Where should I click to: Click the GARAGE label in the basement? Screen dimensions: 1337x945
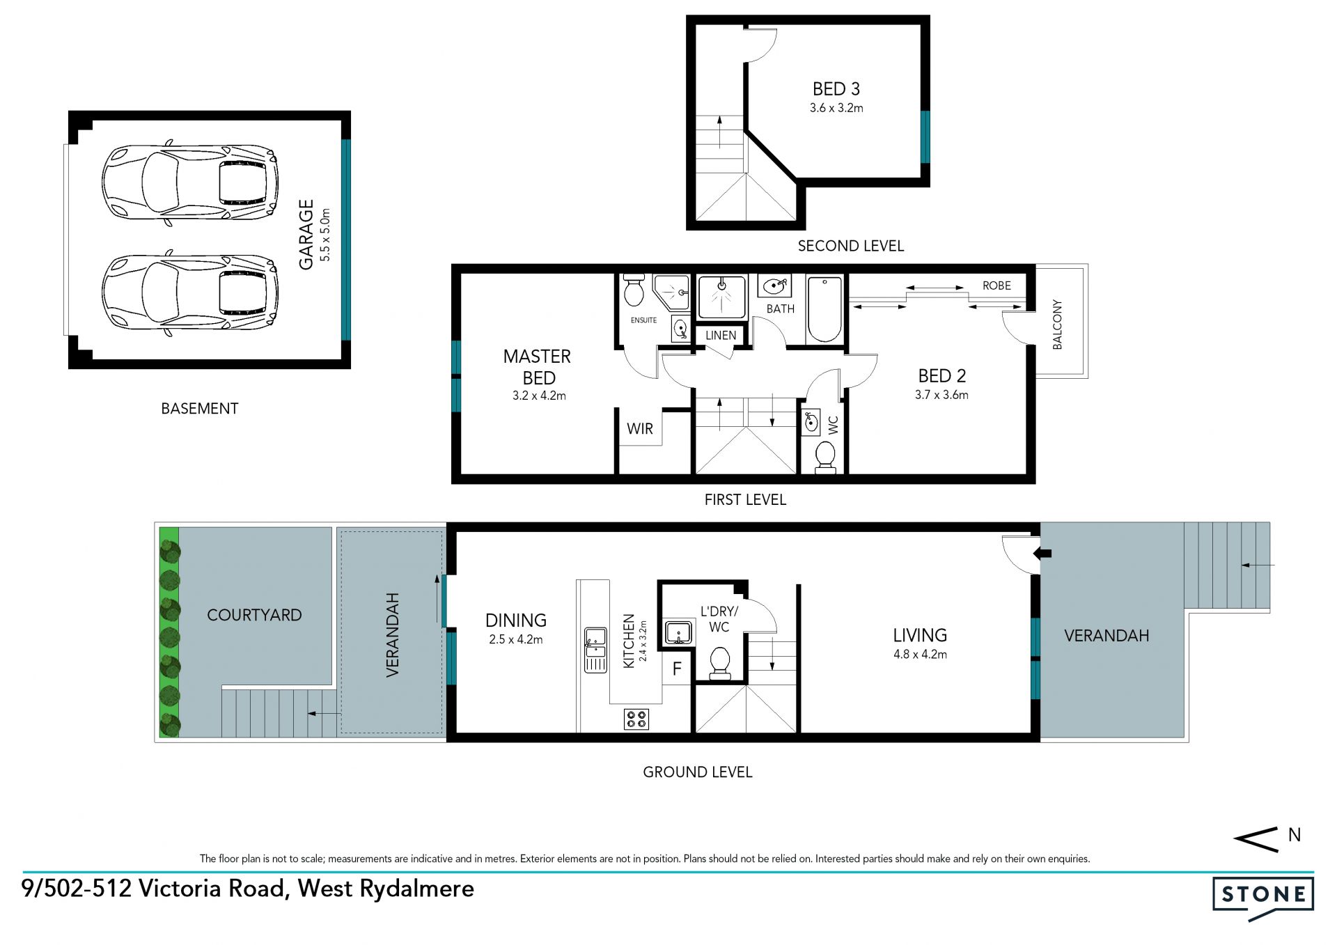point(306,235)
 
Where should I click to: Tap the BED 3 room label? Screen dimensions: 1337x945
point(836,89)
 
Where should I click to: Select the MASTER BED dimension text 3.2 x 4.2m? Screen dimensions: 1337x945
point(539,396)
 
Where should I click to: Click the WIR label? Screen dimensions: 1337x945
point(640,429)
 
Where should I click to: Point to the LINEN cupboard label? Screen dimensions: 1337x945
point(721,335)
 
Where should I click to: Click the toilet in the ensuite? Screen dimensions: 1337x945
point(634,290)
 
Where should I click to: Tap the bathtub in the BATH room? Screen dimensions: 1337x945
point(825,309)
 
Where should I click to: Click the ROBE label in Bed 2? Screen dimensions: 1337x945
point(996,286)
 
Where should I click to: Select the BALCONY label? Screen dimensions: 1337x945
point(1057,325)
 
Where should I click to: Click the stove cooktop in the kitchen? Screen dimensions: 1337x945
point(636,719)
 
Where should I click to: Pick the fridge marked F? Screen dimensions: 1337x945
point(677,670)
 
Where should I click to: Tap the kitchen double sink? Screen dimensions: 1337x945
point(595,650)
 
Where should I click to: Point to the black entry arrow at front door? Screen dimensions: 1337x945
point(1042,554)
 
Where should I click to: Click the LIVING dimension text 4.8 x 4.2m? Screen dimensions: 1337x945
point(920,655)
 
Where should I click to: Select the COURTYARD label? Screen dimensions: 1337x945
point(254,615)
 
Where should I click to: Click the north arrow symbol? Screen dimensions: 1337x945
point(1256,839)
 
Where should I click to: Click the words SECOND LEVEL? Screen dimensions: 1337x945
point(851,246)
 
